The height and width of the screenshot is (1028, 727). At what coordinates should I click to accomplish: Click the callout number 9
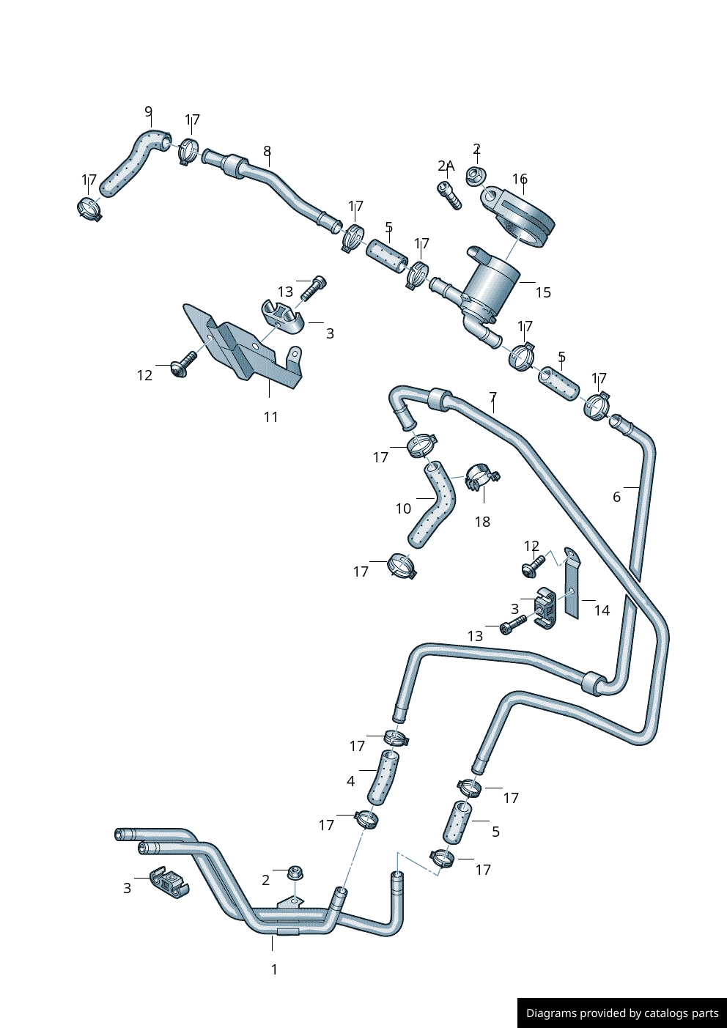[x=149, y=112]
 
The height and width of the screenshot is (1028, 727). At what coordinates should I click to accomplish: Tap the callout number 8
[x=267, y=152]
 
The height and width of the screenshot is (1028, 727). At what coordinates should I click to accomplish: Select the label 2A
[x=446, y=166]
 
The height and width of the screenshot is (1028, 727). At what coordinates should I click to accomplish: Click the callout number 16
[x=520, y=180]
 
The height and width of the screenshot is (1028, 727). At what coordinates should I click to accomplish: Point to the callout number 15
[x=543, y=292]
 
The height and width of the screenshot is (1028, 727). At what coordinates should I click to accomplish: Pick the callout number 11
[x=271, y=417]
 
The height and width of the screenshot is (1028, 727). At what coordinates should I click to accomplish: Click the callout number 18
[x=482, y=522]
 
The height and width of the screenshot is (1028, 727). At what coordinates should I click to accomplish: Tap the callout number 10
[x=403, y=509]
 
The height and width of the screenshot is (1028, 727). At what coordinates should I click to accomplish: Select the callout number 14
[x=602, y=610]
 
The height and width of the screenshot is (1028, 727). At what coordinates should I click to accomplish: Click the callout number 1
[x=274, y=969]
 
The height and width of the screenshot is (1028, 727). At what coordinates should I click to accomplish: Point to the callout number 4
[x=350, y=781]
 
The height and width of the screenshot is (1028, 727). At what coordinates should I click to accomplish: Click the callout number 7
[x=493, y=397]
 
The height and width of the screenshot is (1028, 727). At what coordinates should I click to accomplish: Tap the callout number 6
[x=617, y=497]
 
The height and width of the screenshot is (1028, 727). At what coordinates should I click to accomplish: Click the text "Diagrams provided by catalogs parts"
[x=622, y=1013]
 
